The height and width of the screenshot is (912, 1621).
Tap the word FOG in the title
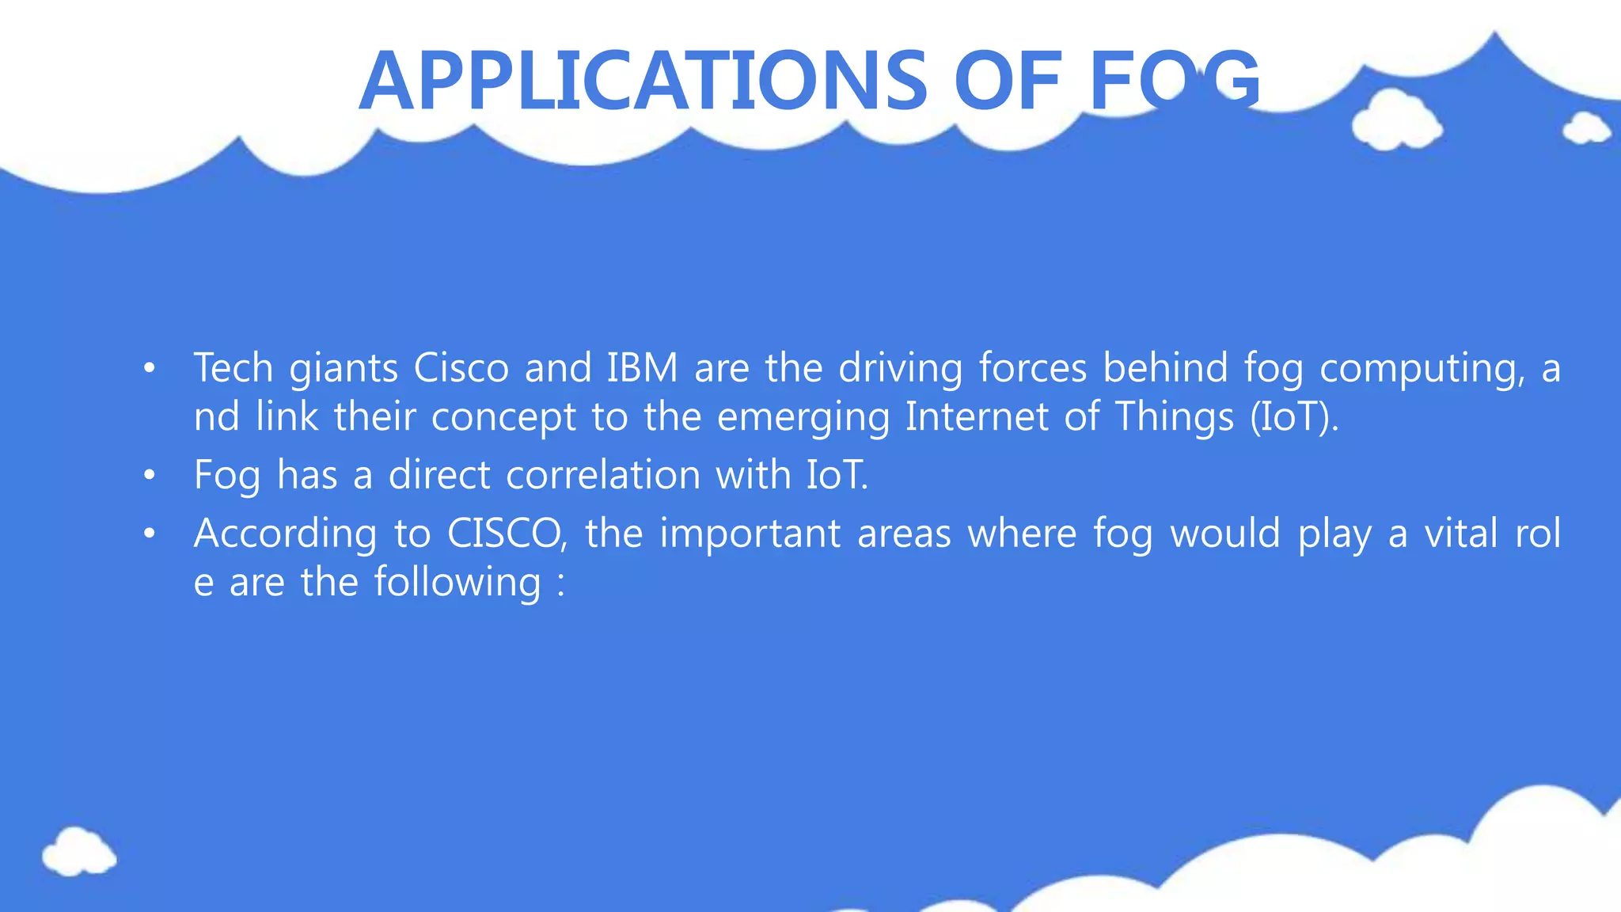click(1175, 81)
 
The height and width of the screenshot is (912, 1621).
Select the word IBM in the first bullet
click(642, 368)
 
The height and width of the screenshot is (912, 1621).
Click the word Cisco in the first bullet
click(461, 368)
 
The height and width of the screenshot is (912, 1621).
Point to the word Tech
click(233, 368)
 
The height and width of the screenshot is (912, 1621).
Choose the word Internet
click(976, 417)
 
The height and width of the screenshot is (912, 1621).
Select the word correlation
click(603, 475)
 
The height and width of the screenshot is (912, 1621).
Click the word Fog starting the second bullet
click(226, 475)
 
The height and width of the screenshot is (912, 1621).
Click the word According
click(285, 534)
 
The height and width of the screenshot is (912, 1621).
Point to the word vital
click(1461, 534)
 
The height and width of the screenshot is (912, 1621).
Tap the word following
click(457, 583)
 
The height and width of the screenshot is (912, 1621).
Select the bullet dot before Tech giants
click(149, 369)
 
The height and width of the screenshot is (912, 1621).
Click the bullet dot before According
click(149, 534)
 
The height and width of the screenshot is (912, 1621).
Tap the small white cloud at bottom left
click(79, 852)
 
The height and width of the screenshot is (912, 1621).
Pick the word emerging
click(803, 417)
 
